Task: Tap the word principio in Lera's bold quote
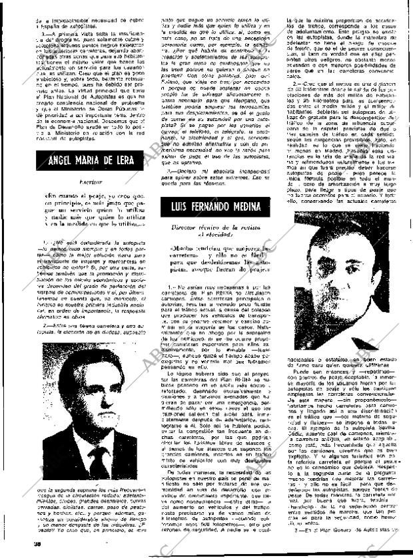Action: (63, 222)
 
